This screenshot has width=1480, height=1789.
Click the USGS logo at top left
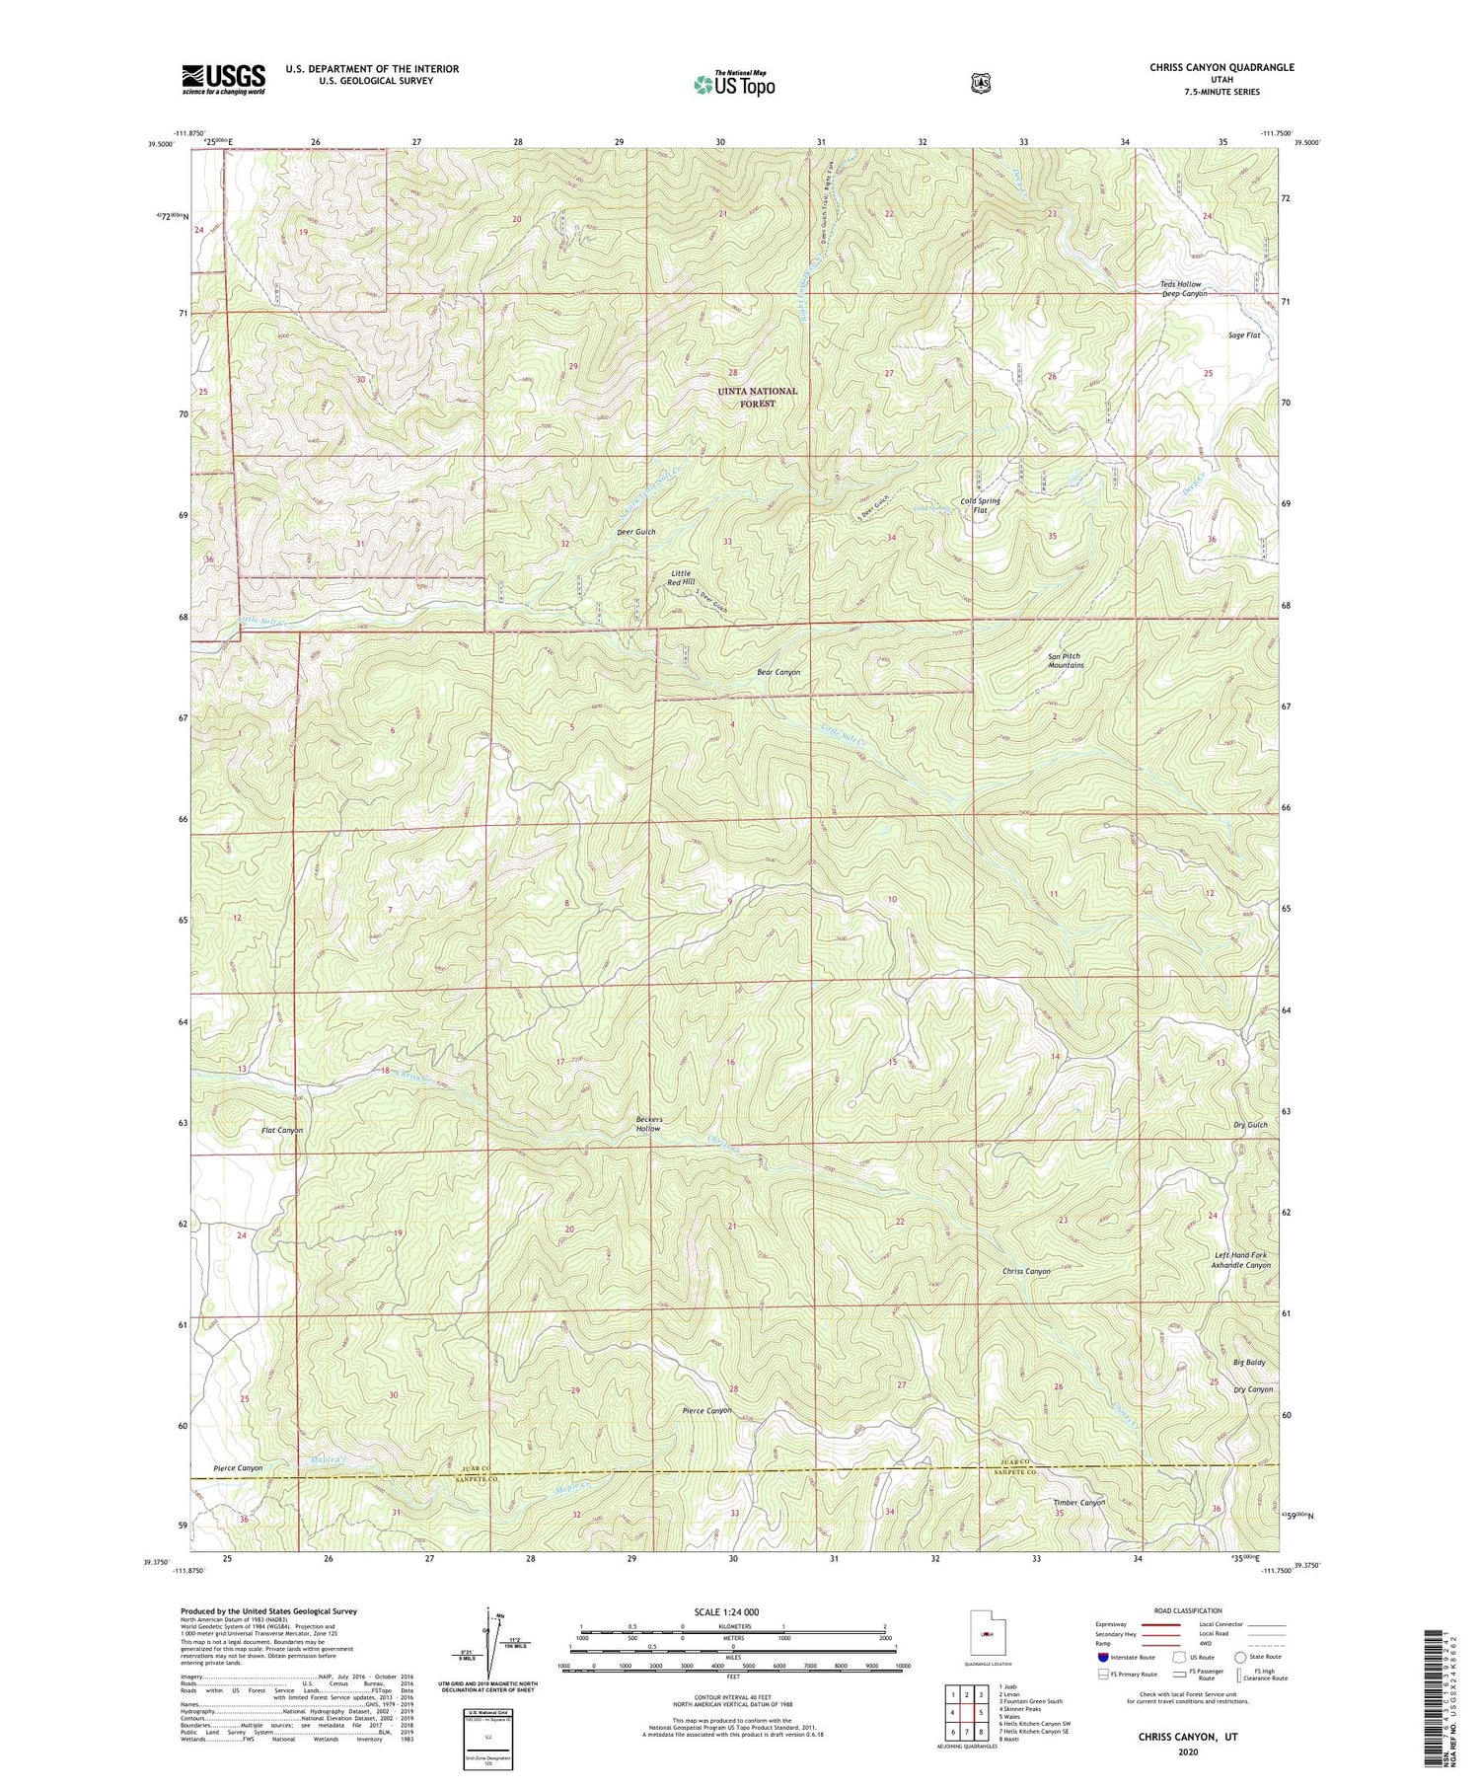pyautogui.click(x=223, y=78)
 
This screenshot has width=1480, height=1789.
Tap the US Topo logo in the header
pyautogui.click(x=734, y=83)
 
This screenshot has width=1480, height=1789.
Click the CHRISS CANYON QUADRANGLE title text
pyautogui.click(x=1221, y=67)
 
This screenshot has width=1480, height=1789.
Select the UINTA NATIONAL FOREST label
pyautogui.click(x=758, y=397)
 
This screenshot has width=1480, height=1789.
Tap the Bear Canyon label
pyautogui.click(x=777, y=672)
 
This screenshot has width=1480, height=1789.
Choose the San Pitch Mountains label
pyautogui.click(x=1066, y=660)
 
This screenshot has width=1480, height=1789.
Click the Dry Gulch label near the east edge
pyautogui.click(x=1249, y=1125)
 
